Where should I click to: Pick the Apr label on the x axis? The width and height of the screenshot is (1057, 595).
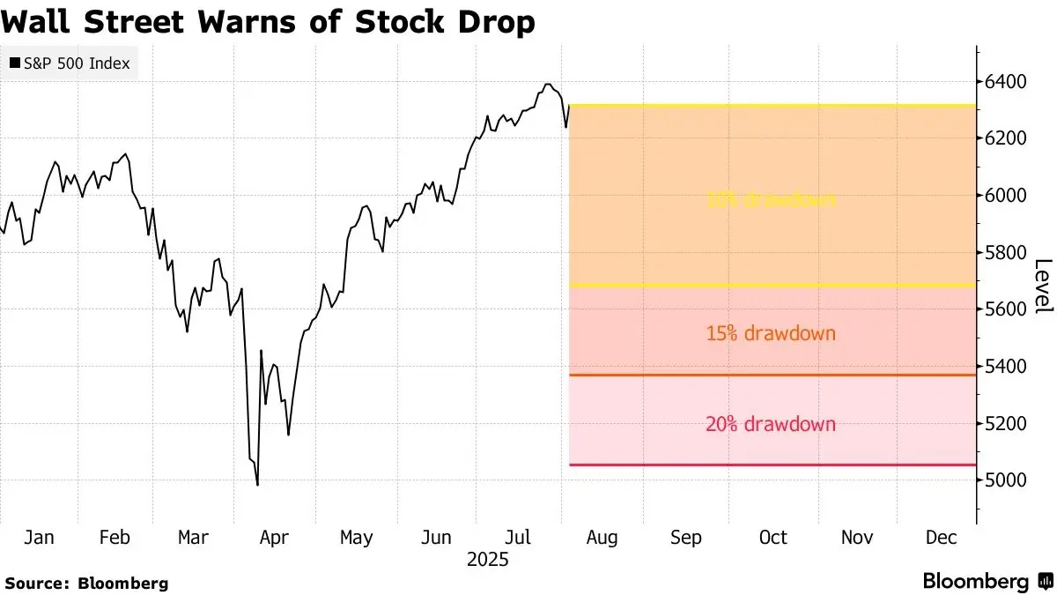(275, 538)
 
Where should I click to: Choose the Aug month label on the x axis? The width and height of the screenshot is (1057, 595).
(602, 538)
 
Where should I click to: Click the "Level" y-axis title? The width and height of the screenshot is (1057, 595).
(1043, 286)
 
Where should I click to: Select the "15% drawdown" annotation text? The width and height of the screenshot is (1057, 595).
(771, 334)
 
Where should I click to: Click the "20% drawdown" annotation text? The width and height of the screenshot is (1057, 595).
(771, 424)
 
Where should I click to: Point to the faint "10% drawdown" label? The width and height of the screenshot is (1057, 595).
(771, 200)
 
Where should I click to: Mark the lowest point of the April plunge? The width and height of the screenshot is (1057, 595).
(257, 484)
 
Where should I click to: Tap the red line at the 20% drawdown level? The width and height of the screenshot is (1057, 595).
(771, 465)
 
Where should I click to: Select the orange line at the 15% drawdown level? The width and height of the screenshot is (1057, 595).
(771, 376)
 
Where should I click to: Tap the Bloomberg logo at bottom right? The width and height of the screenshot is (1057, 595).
(987, 582)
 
